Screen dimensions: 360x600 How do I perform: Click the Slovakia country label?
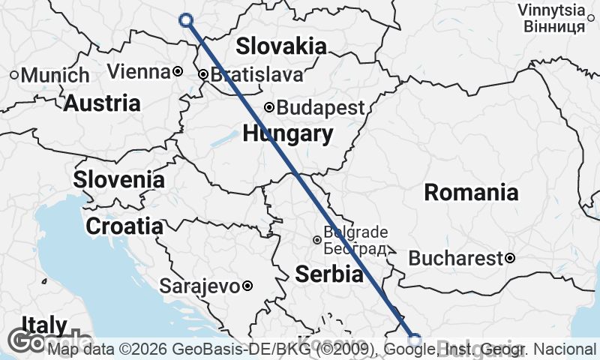click(x=281, y=46)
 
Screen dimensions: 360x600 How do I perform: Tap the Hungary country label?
click(x=287, y=134)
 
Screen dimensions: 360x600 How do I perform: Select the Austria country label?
click(x=102, y=103)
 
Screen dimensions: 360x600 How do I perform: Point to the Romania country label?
click(x=471, y=193)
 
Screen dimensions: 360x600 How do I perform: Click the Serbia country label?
click(x=329, y=274)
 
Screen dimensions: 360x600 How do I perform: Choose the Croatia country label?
click(x=124, y=226)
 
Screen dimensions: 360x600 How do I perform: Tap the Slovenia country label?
click(x=119, y=180)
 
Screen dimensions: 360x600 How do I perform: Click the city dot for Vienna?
click(x=178, y=72)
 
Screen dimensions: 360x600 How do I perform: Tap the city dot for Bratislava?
click(x=203, y=75)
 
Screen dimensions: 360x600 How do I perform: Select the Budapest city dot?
click(x=269, y=107)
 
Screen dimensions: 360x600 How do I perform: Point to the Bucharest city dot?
click(x=510, y=259)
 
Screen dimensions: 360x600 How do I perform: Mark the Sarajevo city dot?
click(x=247, y=286)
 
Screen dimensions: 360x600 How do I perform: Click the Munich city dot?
click(x=13, y=75)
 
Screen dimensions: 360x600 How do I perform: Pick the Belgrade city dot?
click(x=317, y=240)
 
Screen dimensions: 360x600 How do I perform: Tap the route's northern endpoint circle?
click(x=186, y=20)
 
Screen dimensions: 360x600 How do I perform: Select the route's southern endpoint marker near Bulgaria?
click(x=415, y=338)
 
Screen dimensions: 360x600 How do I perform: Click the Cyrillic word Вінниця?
click(x=553, y=27)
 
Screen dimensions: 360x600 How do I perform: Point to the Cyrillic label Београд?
click(x=355, y=248)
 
